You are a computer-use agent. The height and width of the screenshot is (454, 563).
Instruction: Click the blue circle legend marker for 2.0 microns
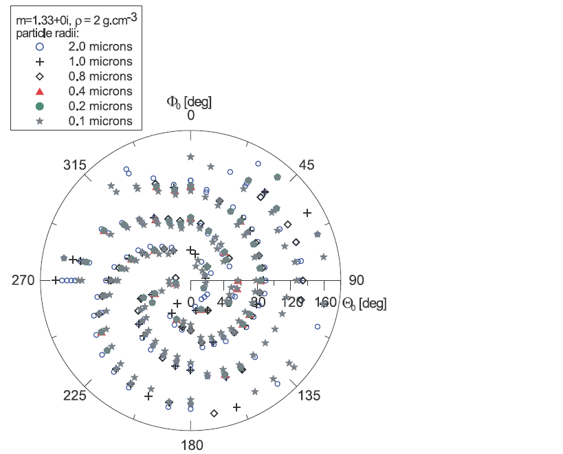tap(40, 47)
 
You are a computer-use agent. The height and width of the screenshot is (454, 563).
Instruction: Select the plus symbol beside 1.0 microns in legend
tap(40, 62)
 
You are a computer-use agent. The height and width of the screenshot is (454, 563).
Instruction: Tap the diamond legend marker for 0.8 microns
tap(40, 76)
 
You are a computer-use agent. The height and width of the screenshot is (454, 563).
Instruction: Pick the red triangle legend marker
tap(40, 91)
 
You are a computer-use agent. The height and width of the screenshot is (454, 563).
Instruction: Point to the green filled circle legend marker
tap(40, 106)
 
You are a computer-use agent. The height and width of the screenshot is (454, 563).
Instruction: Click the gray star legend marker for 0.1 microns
tap(40, 121)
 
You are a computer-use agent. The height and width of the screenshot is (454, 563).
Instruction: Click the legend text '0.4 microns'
tap(100, 91)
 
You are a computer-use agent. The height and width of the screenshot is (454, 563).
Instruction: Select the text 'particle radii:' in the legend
tap(47, 34)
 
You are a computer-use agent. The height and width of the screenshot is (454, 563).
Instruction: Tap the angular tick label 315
tap(75, 165)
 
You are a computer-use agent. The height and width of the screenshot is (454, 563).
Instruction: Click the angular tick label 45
tap(307, 165)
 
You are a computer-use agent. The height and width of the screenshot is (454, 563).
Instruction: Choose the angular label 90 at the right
tap(356, 280)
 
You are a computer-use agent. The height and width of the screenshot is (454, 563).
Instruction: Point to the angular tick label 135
tap(309, 395)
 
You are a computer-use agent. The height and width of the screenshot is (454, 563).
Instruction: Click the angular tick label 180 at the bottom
tap(192, 445)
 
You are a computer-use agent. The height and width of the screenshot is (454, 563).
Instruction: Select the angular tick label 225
tap(75, 395)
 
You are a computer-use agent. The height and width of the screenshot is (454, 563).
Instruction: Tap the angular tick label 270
tap(23, 280)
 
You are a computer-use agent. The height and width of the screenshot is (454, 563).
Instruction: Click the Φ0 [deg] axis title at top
tap(189, 102)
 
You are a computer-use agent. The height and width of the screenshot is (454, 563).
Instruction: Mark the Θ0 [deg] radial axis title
tap(364, 304)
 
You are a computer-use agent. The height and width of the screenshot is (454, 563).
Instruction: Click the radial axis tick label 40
tap(225, 302)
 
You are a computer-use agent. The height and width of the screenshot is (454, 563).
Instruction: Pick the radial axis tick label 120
tap(292, 302)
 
